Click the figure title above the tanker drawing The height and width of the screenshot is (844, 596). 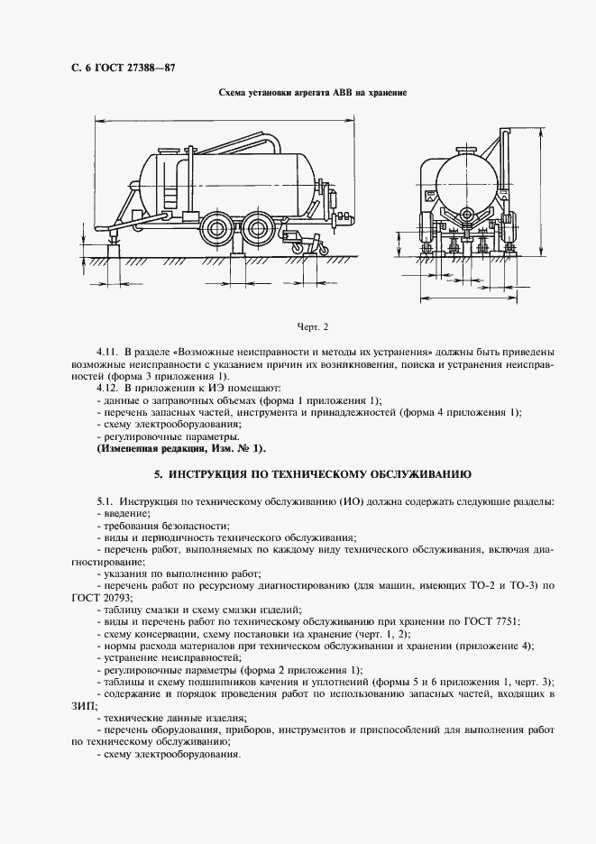click(314, 93)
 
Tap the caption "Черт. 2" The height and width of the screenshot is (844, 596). click(313, 326)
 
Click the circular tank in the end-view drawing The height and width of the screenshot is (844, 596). click(465, 180)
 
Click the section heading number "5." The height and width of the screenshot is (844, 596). click(157, 473)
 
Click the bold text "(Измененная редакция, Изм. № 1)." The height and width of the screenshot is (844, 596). click(181, 448)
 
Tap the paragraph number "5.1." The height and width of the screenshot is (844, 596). click(105, 500)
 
